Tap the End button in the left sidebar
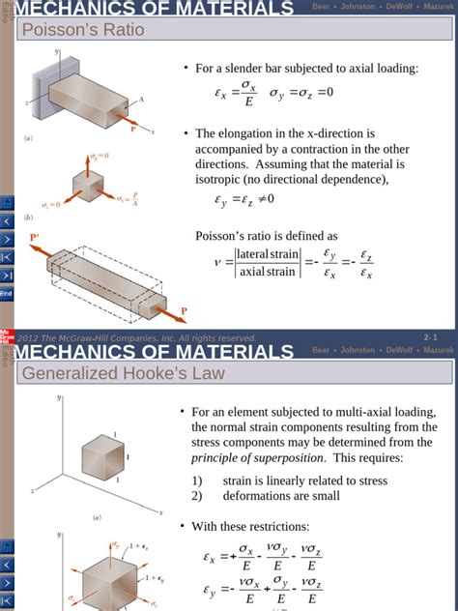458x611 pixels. pos(6,293)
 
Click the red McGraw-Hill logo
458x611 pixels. pos(5,335)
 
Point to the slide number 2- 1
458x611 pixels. pos(431,336)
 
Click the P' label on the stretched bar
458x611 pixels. pos(35,237)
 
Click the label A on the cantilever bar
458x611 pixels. pos(141,100)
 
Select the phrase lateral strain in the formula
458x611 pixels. pos(270,254)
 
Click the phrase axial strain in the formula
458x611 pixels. pos(266,272)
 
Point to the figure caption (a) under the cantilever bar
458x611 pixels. pos(29,138)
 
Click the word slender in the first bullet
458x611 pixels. pos(250,69)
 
